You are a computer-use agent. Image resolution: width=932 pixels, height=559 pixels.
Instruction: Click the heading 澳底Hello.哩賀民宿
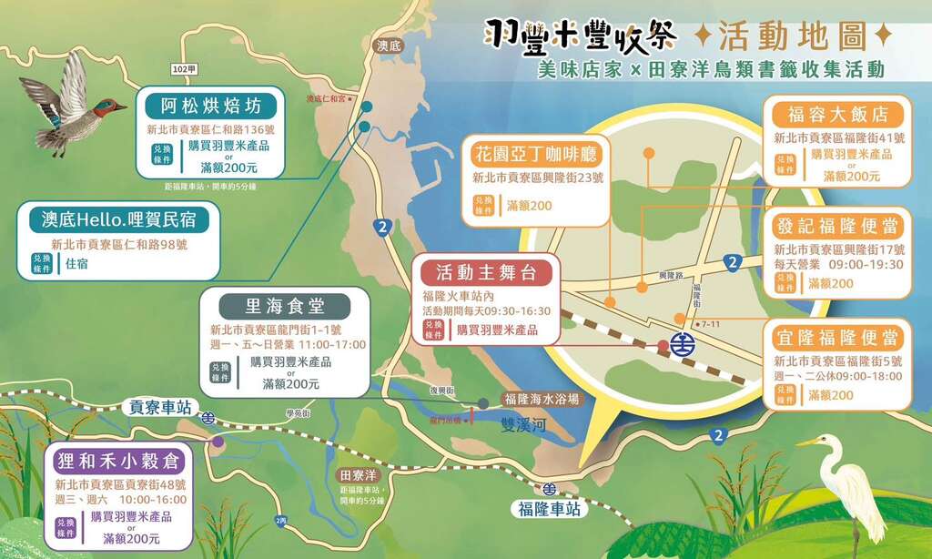pos(119,220)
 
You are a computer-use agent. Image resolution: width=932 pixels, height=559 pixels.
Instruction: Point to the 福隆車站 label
pos(547,510)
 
